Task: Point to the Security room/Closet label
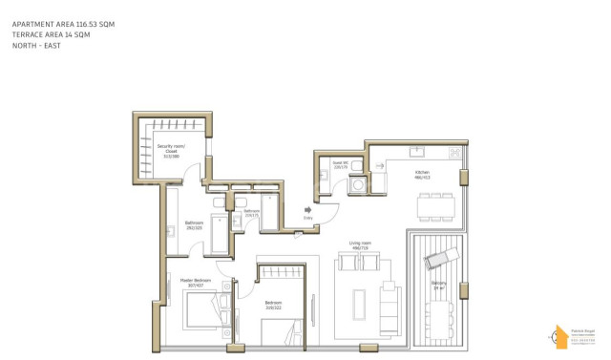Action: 171,149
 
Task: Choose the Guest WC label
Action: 339,164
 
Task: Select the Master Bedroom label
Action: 198,282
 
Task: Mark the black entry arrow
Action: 307,209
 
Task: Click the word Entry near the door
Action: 307,218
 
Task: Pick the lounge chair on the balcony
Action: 443,254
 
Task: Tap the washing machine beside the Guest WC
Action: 357,183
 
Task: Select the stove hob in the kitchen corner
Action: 455,152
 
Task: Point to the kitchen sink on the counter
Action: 416,151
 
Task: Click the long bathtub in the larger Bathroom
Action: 218,235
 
